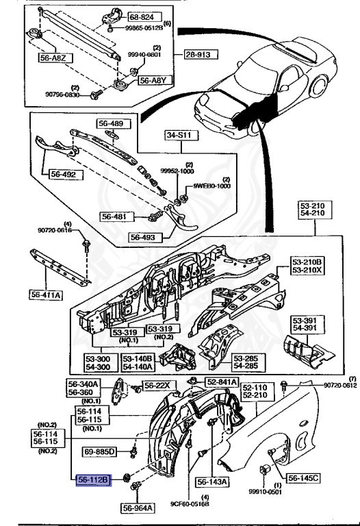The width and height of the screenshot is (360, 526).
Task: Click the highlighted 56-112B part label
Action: pyautogui.click(x=92, y=480)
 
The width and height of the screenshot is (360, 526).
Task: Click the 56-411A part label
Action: pyautogui.click(x=46, y=295)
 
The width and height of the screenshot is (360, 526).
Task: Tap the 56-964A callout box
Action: pyautogui.click(x=140, y=508)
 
